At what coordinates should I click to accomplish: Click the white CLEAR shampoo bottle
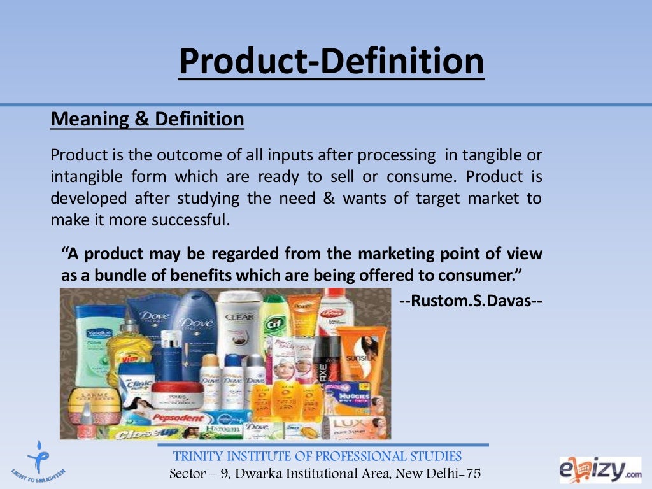pos(239,322)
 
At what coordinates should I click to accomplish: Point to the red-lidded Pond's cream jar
pos(172,395)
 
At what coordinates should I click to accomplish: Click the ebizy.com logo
pos(600,469)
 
